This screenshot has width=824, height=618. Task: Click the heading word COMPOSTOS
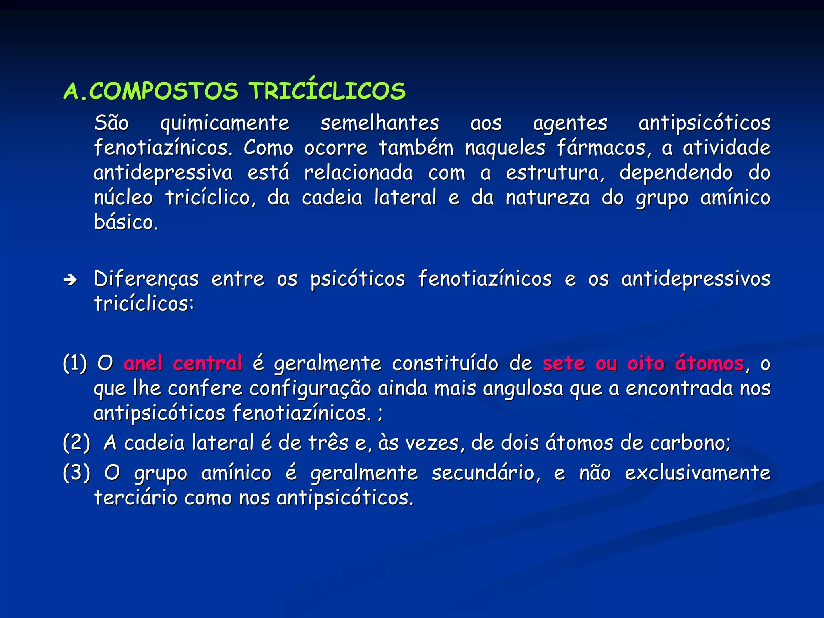(x=163, y=91)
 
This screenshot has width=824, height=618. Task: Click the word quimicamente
(x=225, y=123)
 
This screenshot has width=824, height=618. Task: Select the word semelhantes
(x=379, y=123)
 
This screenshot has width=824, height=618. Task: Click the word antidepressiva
(x=163, y=173)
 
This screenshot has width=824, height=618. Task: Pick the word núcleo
(x=123, y=198)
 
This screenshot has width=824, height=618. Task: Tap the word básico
(x=126, y=222)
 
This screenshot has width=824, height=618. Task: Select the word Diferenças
(x=146, y=279)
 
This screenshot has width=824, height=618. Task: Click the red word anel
(x=143, y=363)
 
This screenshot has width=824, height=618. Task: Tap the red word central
(x=207, y=363)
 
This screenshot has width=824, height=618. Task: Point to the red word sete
(x=563, y=363)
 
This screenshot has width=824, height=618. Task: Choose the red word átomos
(x=709, y=363)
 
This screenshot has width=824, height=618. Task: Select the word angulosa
(x=523, y=388)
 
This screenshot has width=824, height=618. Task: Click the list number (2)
(x=76, y=443)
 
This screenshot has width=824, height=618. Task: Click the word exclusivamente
(x=698, y=473)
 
